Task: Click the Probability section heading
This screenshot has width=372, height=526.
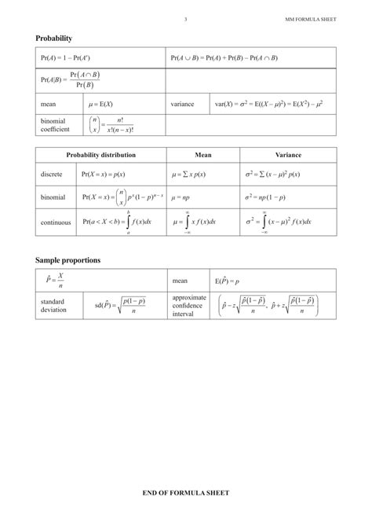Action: (53, 38)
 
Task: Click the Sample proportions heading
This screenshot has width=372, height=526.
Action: (67, 259)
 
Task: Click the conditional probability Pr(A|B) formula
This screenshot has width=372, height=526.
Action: (70, 80)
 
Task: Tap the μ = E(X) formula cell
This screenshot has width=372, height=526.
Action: (100, 103)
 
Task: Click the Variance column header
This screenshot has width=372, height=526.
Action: (288, 155)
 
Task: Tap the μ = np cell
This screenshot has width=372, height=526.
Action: (182, 197)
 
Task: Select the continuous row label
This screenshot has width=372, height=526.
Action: (56, 223)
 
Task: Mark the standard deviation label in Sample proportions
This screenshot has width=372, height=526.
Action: (53, 305)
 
